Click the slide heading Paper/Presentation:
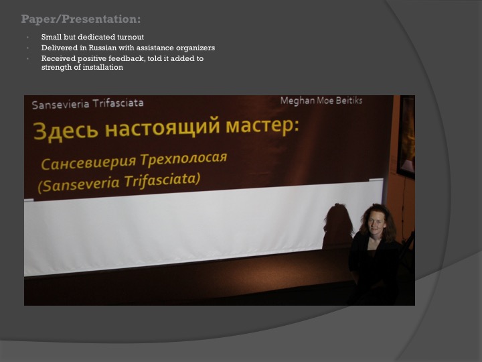click(81, 19)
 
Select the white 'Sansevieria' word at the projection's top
click(60, 105)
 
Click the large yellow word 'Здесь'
click(66, 131)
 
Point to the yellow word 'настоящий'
click(163, 127)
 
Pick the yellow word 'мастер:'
click(262, 125)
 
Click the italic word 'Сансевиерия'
click(88, 163)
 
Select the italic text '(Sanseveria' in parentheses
click(79, 184)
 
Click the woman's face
click(376, 223)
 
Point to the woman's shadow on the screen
click(338, 226)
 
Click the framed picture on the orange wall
click(406, 137)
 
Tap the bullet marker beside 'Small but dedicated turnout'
click(27, 38)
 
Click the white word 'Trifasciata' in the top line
click(118, 103)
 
